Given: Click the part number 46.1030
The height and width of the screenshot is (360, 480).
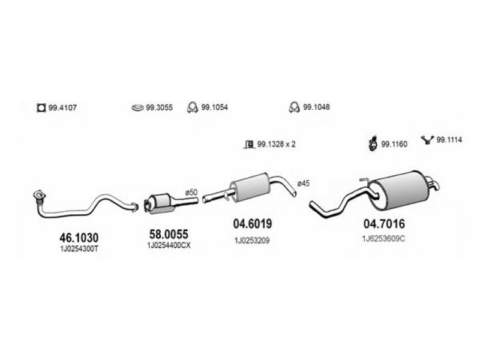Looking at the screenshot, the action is click(x=79, y=238).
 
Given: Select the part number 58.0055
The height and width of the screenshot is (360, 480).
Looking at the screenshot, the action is click(x=169, y=234).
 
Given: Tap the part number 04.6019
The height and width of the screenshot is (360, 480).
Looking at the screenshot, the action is click(x=252, y=224).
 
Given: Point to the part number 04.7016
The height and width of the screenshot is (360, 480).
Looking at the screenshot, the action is click(x=384, y=224).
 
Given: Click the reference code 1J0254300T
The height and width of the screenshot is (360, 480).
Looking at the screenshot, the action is click(x=79, y=248).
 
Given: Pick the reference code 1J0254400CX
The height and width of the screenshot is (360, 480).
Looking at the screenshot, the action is click(x=169, y=245).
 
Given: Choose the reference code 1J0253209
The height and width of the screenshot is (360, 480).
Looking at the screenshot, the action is click(x=252, y=241).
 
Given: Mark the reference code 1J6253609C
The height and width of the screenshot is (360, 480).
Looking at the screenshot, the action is click(x=383, y=239).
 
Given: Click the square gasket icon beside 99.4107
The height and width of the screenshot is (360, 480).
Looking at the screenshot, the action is click(x=41, y=108).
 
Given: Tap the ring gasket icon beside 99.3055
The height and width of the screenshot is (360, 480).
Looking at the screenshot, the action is click(x=138, y=108).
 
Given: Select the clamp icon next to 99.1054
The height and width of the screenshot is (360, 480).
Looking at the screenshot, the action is click(x=192, y=107).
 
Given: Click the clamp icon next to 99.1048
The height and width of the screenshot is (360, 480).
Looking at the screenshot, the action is click(x=294, y=107).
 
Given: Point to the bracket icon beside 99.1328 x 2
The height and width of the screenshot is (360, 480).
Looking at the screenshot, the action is click(x=250, y=144).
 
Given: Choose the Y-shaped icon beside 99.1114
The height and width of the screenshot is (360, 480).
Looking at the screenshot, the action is click(x=428, y=140).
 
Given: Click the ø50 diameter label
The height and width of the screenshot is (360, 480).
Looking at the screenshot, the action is click(x=191, y=193).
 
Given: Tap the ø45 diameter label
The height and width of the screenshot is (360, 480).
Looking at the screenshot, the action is click(x=304, y=184).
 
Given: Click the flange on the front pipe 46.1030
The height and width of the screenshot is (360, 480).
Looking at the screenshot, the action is click(x=39, y=196).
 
